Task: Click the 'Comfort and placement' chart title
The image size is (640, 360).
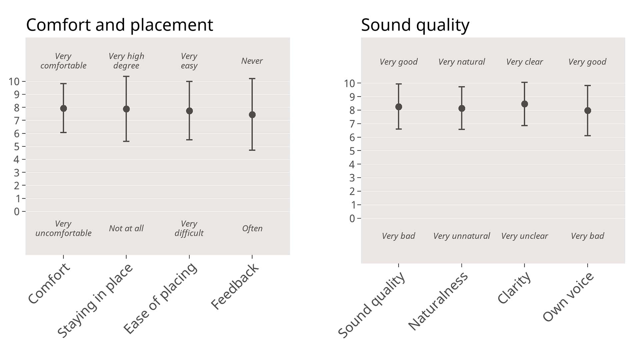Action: (119, 25)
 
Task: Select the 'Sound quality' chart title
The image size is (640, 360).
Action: (415, 25)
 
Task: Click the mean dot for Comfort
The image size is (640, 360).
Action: (63, 108)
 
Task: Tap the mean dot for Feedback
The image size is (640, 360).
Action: (252, 115)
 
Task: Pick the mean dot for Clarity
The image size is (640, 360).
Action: (524, 104)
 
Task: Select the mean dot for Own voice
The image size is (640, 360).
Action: (588, 111)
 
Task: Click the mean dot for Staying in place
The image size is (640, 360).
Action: (126, 109)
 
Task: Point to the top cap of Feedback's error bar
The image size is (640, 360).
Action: (252, 79)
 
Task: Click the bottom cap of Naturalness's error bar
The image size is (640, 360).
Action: (462, 129)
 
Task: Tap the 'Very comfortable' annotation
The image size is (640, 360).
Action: (63, 61)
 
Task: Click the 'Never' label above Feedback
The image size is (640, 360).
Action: (252, 61)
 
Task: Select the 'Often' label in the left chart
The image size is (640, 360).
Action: (252, 229)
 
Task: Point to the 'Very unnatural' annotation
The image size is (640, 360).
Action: (462, 236)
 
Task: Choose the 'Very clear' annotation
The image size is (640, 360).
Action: (524, 62)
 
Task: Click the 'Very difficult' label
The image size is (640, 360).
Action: (189, 228)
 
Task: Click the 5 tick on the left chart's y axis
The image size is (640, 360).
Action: (17, 147)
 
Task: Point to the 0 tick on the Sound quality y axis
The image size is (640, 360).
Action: (352, 219)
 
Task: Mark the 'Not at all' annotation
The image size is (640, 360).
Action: (126, 229)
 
